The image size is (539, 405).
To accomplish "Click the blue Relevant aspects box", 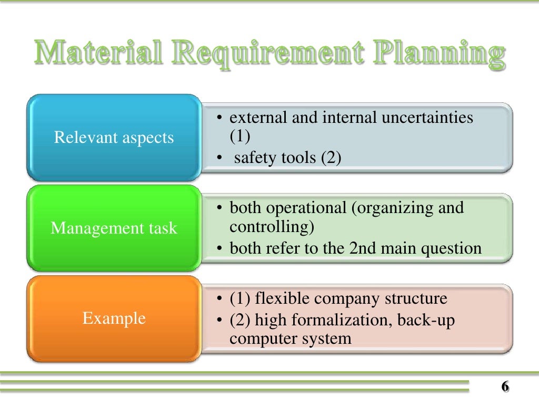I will pos(114,138).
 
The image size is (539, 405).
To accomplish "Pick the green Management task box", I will pos(114,228).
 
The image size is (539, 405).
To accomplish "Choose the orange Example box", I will pos(114,319).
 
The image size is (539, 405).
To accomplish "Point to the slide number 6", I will pos(504,387).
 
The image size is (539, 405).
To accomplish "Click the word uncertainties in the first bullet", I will pos(427,118).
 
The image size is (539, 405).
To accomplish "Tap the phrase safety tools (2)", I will pos(287,157).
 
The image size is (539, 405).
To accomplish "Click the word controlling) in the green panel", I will pos(271,227).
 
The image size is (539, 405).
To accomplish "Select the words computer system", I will pos(290,338).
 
